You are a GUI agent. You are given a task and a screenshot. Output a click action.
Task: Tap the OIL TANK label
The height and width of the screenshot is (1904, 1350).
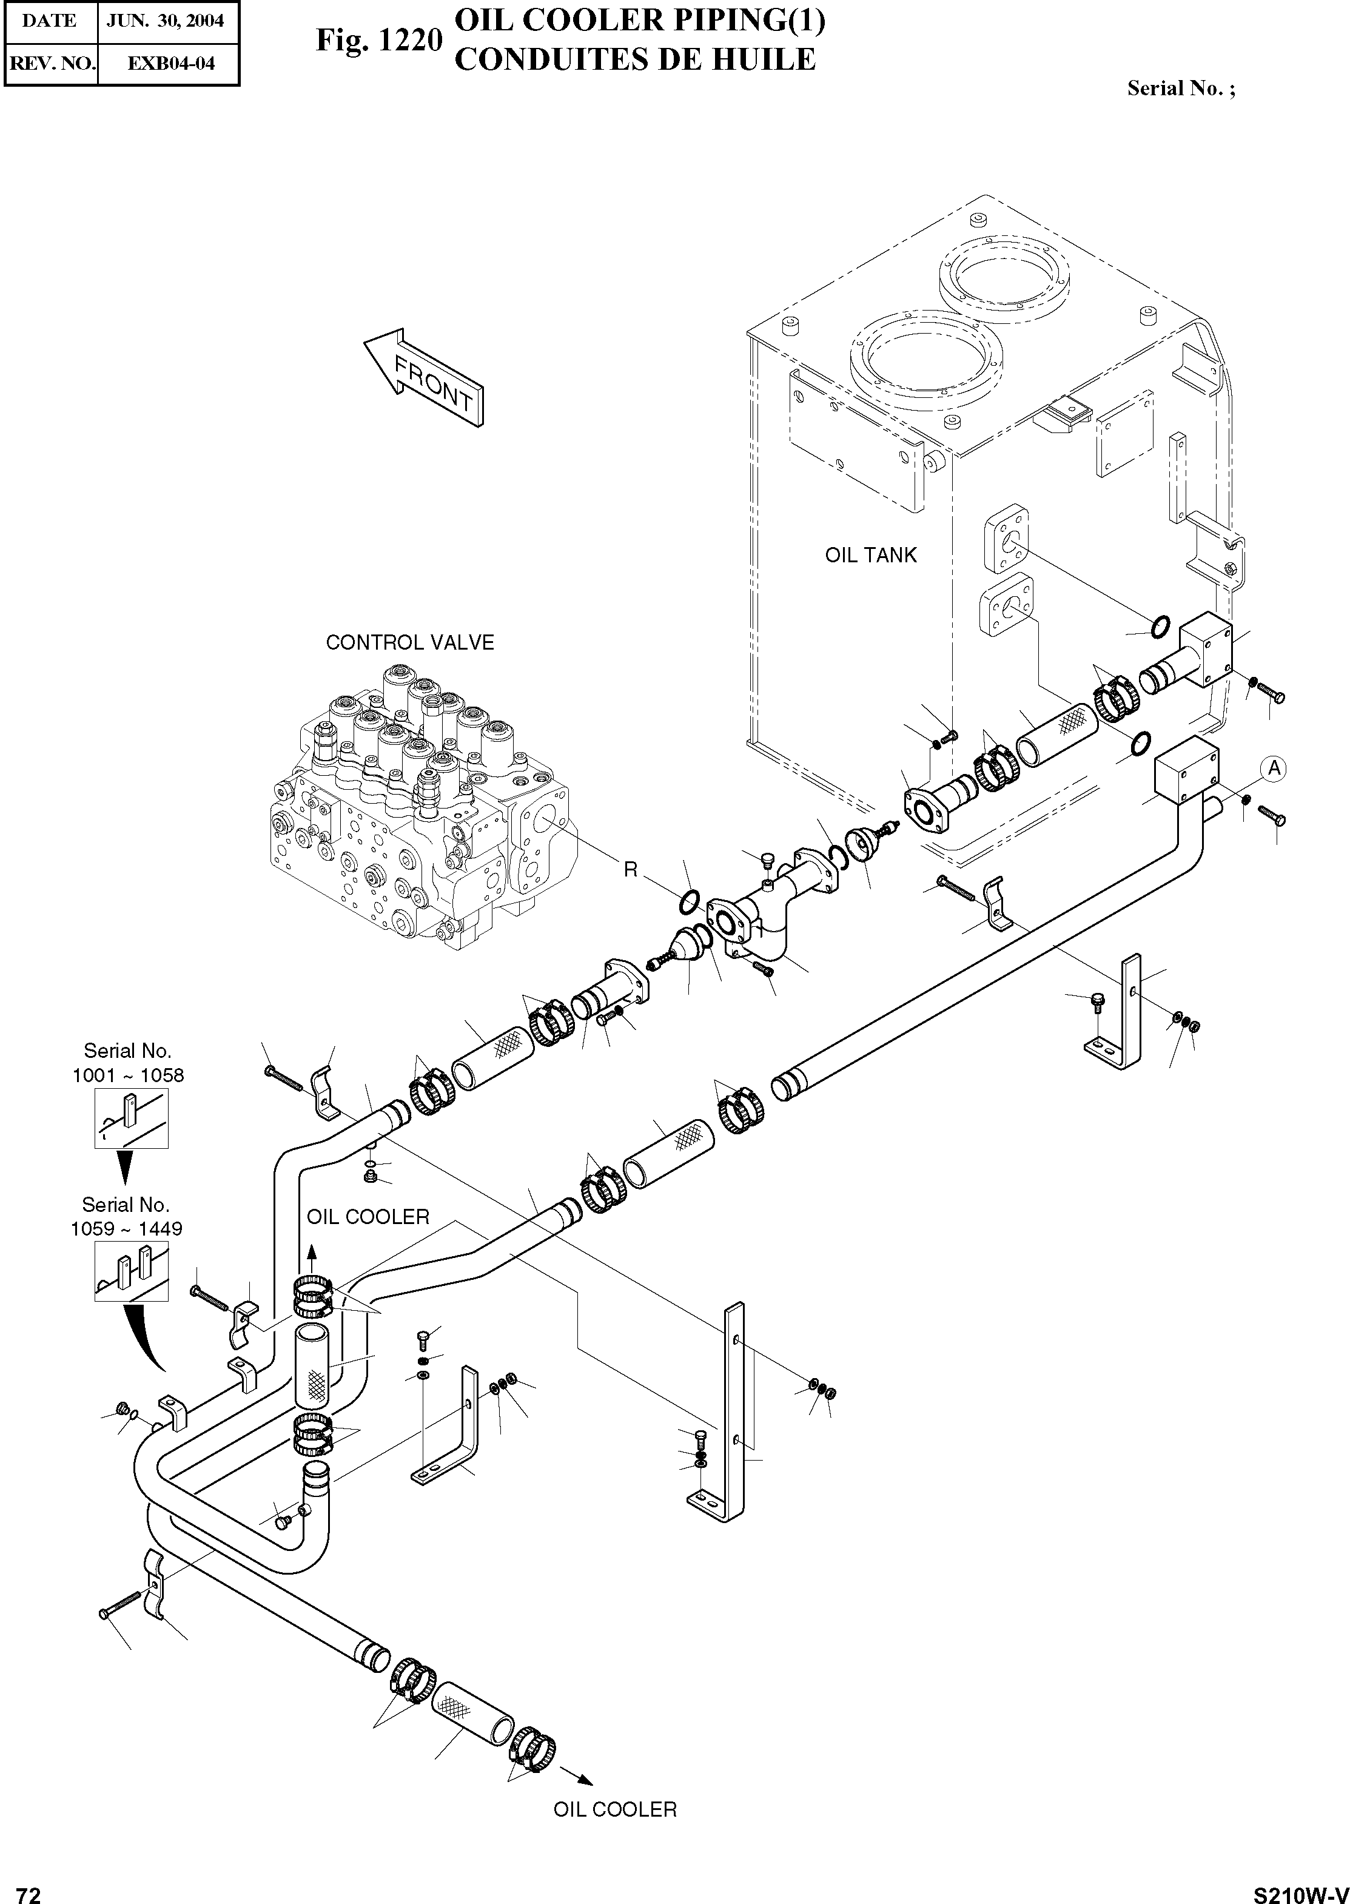pos(870,556)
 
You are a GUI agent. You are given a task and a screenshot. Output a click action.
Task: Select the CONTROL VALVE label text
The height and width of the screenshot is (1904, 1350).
pos(410,643)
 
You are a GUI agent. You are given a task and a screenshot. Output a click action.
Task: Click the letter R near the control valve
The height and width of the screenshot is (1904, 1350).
pos(631,870)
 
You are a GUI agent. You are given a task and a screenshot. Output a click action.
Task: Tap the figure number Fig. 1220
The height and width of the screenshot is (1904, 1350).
pos(378,41)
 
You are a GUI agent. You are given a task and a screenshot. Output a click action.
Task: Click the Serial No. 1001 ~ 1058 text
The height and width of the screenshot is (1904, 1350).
pos(128,1063)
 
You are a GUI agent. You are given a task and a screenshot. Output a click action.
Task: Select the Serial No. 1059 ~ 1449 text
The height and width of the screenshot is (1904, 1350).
pos(126,1216)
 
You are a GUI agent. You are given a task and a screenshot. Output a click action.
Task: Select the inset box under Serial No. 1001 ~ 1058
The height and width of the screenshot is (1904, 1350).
pos(132,1119)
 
